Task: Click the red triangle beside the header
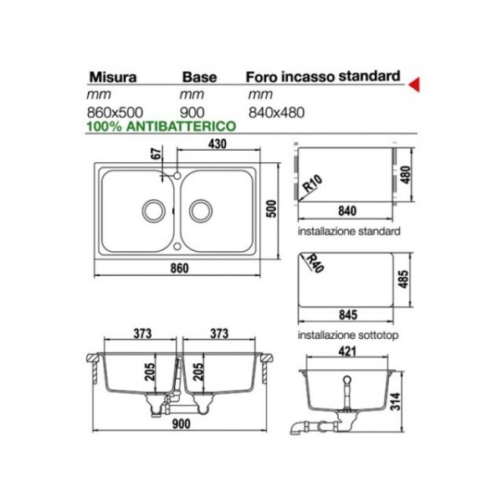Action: click(x=415, y=85)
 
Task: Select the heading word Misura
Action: click(x=113, y=77)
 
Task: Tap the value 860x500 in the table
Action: click(x=115, y=112)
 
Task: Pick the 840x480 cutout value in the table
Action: click(x=276, y=113)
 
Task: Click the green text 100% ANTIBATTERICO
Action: click(x=161, y=126)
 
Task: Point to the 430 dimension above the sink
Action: click(x=218, y=144)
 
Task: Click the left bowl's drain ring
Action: click(x=154, y=211)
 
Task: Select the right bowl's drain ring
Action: click(x=201, y=211)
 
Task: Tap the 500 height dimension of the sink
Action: click(x=271, y=208)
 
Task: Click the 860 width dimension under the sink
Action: click(x=179, y=269)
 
